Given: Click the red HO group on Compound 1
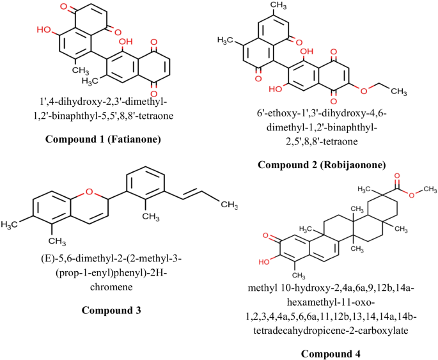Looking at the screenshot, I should (44, 30).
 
